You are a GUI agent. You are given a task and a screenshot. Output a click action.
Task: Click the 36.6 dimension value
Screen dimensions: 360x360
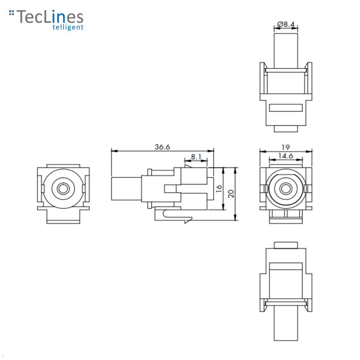pyautogui.click(x=162, y=147)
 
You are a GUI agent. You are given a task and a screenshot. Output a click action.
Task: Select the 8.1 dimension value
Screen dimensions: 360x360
pyautogui.click(x=196, y=157)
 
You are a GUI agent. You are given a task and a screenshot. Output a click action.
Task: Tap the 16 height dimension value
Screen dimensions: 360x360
pyautogui.click(x=219, y=188)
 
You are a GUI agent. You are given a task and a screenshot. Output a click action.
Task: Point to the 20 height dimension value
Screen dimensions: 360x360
pyautogui.click(x=231, y=193)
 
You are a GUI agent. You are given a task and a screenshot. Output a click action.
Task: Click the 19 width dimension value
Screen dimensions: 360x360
pyautogui.click(x=286, y=147)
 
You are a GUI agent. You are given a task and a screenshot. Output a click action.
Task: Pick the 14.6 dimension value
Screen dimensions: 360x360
pyautogui.click(x=286, y=156)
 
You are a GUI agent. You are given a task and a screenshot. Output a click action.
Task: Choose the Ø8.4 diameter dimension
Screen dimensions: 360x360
pyautogui.click(x=286, y=24)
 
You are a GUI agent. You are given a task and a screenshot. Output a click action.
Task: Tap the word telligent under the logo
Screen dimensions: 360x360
pyautogui.click(x=68, y=27)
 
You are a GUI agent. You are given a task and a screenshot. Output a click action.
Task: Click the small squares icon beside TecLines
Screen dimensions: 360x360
pyautogui.click(x=12, y=13)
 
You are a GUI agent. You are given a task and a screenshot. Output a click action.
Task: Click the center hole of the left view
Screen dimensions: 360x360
pyautogui.click(x=63, y=189)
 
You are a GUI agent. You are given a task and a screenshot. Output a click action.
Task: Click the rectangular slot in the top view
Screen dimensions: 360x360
pyautogui.click(x=286, y=108)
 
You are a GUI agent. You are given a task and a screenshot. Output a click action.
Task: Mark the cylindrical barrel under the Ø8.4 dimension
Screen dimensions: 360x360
pyautogui.click(x=286, y=49)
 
